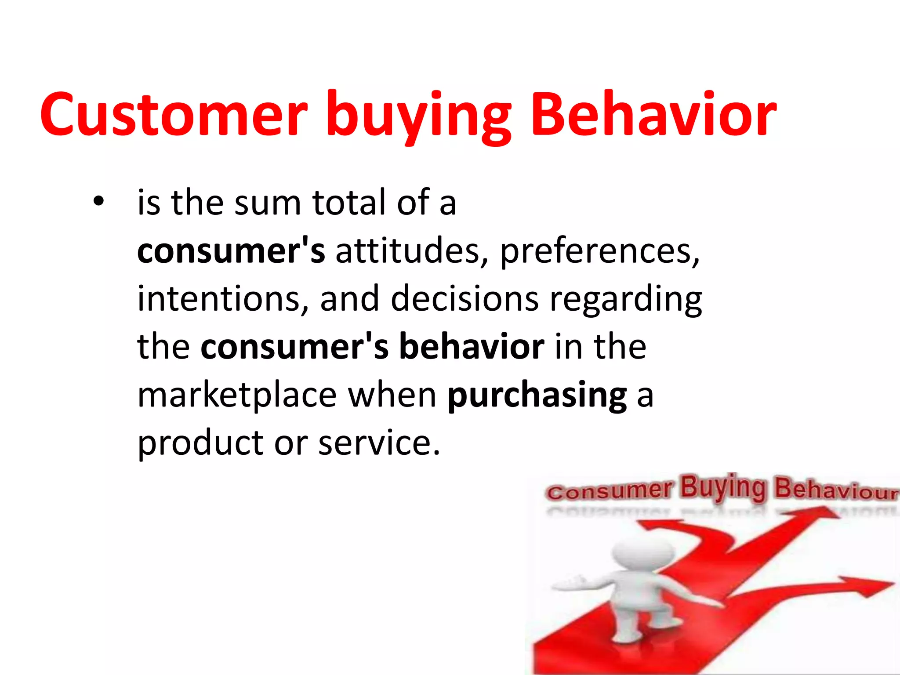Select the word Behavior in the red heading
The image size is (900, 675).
[653, 115]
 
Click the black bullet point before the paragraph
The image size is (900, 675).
[98, 202]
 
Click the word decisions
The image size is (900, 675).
[464, 299]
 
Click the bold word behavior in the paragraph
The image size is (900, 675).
[472, 347]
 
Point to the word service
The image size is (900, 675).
[379, 443]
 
